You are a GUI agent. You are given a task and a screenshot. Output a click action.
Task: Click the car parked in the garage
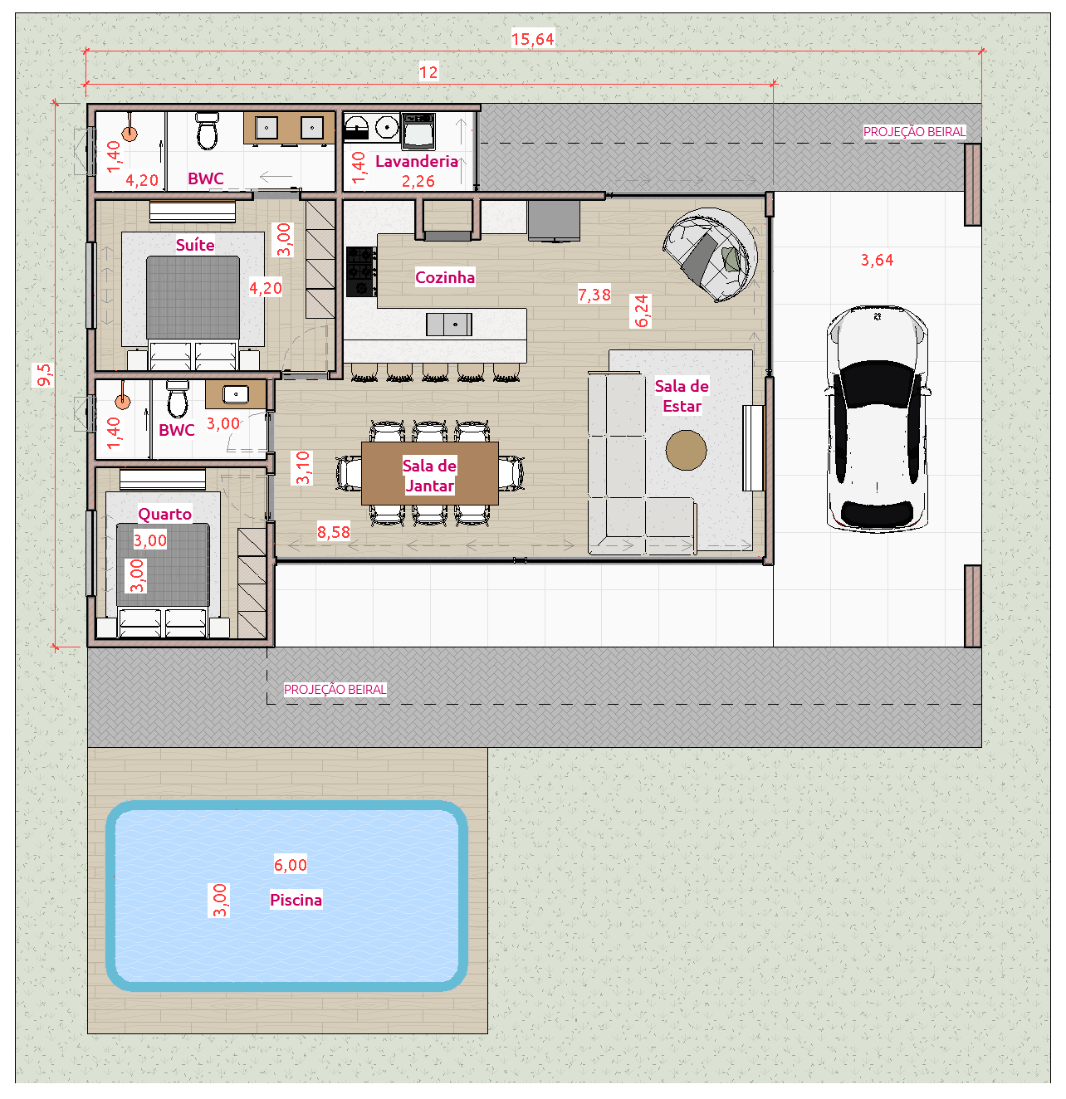click(877, 419)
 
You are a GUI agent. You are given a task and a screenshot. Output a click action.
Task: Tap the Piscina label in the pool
click(296, 900)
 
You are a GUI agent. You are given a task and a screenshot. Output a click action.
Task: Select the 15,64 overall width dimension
click(532, 39)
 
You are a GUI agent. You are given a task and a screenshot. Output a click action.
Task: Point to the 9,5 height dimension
click(44, 374)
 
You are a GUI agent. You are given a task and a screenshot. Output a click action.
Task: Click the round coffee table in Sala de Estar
click(686, 451)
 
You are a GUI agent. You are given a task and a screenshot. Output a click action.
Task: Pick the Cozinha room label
click(445, 277)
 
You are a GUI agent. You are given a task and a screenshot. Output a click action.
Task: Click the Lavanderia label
click(417, 161)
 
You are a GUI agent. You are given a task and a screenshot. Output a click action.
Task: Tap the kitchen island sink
click(449, 325)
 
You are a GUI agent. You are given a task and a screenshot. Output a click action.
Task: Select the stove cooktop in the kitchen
click(361, 271)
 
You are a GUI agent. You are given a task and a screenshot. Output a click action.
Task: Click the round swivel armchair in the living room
click(711, 255)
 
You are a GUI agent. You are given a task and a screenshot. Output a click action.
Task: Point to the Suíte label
click(195, 245)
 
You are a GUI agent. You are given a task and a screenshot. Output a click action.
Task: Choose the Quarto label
click(164, 514)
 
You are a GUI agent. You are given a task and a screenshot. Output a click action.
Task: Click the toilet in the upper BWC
click(207, 131)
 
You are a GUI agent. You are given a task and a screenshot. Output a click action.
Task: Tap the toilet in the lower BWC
click(178, 399)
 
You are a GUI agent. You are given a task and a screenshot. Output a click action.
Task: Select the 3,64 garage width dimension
click(877, 260)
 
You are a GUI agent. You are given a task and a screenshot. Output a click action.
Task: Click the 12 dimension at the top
click(428, 72)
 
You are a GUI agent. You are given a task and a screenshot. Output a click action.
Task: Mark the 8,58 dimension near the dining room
click(334, 532)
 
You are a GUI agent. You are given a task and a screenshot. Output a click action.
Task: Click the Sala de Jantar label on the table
click(429, 476)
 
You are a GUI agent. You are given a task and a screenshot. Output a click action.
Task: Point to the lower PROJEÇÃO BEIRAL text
click(335, 689)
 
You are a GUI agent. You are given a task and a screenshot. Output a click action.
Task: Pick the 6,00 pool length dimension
click(291, 865)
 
